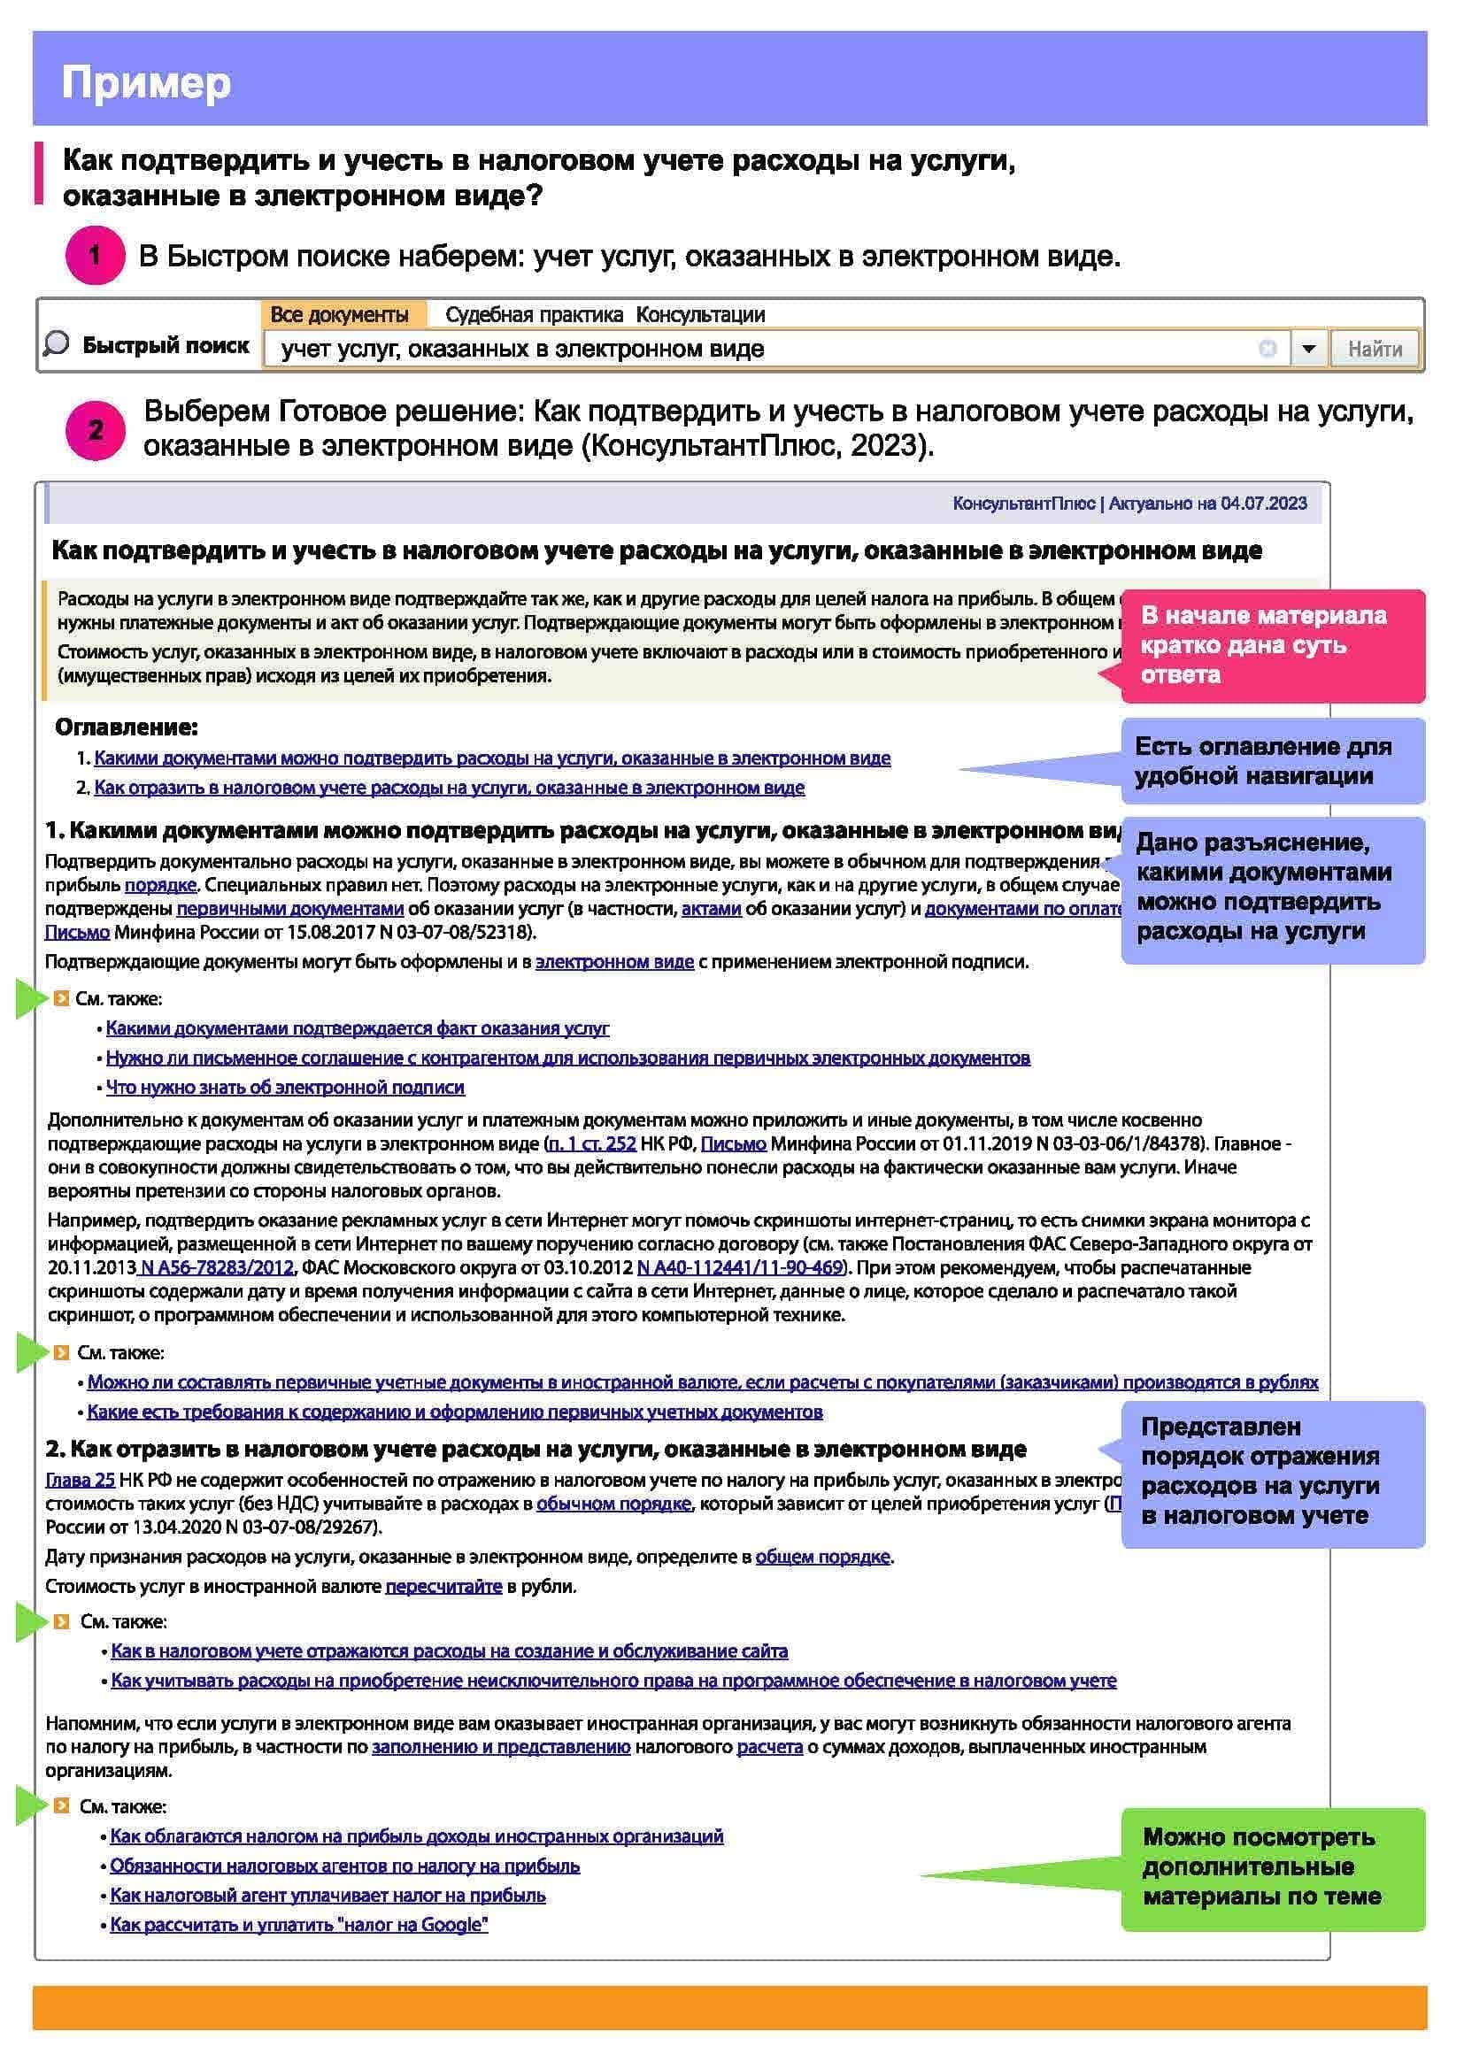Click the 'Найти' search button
[1374, 349]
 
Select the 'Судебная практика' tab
[534, 315]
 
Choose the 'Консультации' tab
[700, 315]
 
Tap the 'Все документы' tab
[340, 315]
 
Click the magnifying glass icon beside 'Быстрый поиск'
[56, 343]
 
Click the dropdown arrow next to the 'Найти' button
[1309, 349]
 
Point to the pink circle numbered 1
[95, 256]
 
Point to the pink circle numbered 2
[95, 430]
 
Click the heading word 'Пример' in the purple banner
[146, 83]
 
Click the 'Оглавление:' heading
[127, 727]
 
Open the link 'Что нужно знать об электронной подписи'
[285, 1088]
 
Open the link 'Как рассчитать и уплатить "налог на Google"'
[298, 1925]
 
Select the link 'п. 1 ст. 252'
[592, 1143]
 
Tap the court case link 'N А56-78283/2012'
[216, 1267]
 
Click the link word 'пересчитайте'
[443, 1586]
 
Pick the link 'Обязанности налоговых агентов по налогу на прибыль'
[344, 1866]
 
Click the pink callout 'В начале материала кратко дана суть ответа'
[1272, 644]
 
